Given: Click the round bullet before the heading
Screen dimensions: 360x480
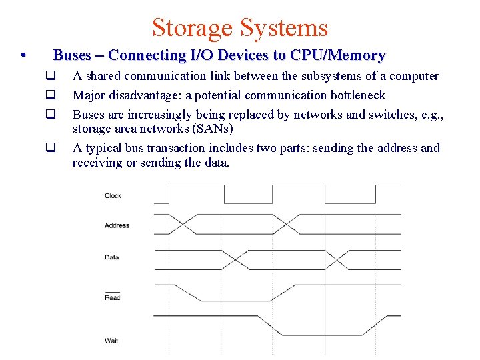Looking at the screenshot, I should (23, 55).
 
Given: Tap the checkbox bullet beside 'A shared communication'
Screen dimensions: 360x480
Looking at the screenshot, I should (49, 76).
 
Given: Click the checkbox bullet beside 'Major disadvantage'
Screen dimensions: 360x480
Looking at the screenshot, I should (49, 95).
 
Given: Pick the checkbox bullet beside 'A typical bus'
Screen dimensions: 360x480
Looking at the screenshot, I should (49, 148).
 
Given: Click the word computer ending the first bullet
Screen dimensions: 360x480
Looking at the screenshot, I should (414, 76).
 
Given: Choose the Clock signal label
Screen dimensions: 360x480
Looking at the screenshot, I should (113, 196).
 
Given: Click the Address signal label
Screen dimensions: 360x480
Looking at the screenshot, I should (117, 225).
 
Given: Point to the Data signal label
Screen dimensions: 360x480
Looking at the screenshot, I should (111, 257).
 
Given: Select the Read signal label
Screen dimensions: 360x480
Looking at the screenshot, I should (112, 297).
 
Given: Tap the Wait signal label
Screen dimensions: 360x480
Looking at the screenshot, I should (111, 341).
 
